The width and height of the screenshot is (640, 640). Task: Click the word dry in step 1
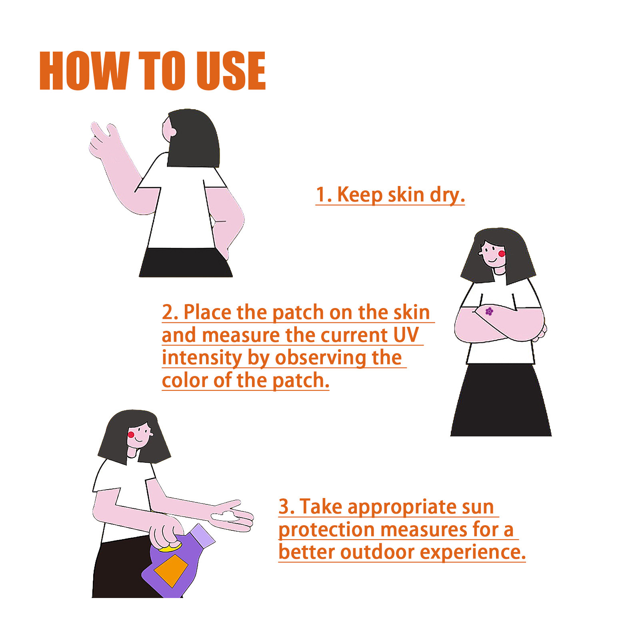[x=447, y=196]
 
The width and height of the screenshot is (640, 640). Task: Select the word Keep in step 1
[x=360, y=195]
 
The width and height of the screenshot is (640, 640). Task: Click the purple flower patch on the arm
[x=489, y=311]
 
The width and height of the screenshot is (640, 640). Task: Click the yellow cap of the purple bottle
[x=170, y=547]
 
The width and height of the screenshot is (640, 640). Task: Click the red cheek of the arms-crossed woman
[x=502, y=253]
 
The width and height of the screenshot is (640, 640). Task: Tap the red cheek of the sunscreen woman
[x=131, y=434]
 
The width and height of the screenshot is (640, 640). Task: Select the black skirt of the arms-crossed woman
[x=501, y=400]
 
